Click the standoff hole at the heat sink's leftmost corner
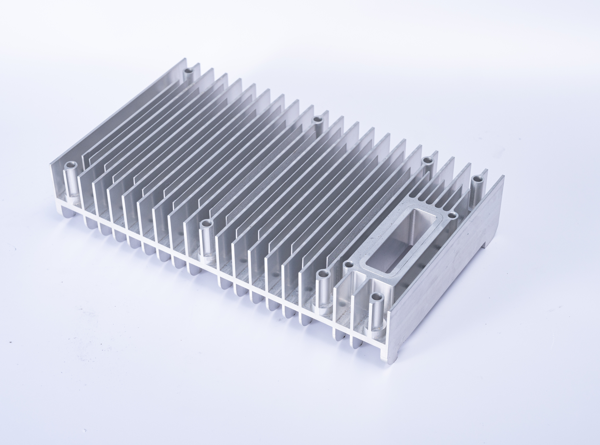(71, 165)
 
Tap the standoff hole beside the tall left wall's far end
(189, 71)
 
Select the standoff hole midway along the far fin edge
(318, 118)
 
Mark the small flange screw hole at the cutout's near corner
(348, 265)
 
